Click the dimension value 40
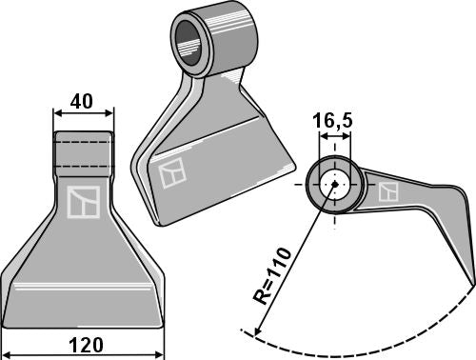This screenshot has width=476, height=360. click(82, 99)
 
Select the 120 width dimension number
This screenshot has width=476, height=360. click(84, 344)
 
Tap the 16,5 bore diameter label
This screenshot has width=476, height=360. click(332, 122)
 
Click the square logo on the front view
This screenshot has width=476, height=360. click(82, 202)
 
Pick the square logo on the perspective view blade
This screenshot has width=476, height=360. click(171, 173)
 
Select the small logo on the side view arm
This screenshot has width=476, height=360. click(388, 191)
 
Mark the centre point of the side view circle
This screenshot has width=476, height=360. click(332, 185)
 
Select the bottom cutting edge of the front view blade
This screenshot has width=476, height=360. click(84, 322)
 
